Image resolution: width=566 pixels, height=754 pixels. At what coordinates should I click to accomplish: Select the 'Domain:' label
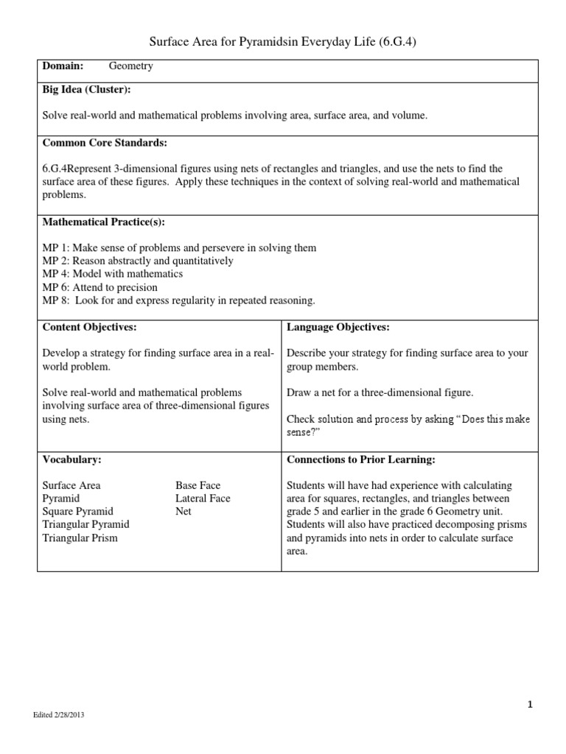[x=62, y=66]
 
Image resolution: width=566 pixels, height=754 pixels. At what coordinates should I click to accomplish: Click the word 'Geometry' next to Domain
[x=131, y=66]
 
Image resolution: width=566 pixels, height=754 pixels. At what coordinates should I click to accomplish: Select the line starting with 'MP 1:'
[x=179, y=248]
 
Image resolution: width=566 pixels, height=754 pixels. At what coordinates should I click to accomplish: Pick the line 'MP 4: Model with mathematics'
[x=112, y=274]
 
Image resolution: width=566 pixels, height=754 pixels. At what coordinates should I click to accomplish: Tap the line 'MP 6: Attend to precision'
[x=99, y=287]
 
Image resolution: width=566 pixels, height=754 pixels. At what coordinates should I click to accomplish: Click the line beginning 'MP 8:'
[x=178, y=300]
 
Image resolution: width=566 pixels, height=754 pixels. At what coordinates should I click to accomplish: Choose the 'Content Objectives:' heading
[x=89, y=327]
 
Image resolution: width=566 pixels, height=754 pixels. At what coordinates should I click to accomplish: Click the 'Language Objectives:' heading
[x=338, y=327]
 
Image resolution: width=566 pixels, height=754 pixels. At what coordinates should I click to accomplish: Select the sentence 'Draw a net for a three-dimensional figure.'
[x=380, y=392]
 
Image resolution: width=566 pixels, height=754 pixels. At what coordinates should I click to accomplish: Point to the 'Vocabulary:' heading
[x=71, y=459]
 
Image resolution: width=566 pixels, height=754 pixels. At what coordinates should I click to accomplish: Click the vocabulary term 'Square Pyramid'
[x=77, y=511]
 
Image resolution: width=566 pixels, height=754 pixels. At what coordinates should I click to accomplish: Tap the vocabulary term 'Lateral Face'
[x=203, y=498]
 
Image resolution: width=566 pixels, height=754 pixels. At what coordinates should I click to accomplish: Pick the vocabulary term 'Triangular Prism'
[x=80, y=538]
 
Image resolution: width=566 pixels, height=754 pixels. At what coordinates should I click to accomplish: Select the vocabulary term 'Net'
[x=184, y=511]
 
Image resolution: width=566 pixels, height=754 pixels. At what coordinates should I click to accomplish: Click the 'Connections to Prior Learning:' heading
[x=361, y=459]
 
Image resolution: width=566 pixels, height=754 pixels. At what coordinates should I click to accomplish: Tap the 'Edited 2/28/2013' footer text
[x=63, y=715]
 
